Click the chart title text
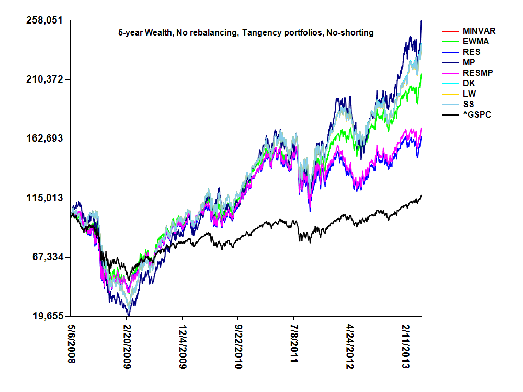246,33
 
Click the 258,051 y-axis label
44,20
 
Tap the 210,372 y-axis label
44,79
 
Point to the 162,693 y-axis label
44,139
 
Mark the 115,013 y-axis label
44,198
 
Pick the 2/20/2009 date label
127,348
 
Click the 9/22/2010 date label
238,348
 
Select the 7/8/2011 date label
293,346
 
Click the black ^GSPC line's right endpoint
422,195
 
